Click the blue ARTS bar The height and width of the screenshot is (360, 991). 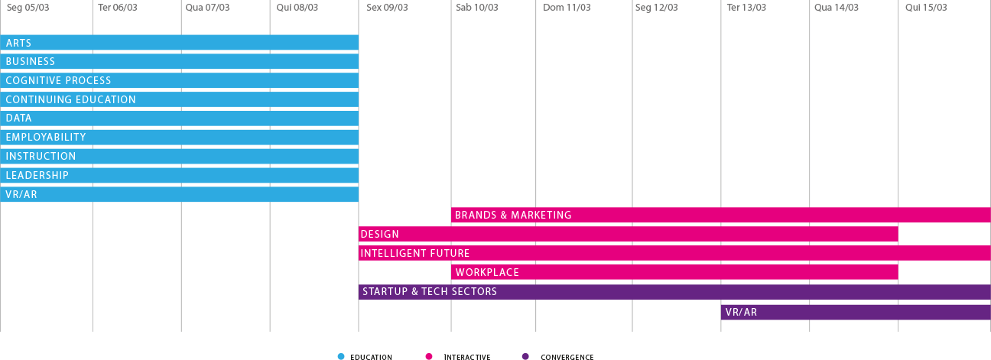[x=179, y=43]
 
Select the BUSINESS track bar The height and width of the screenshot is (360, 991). [x=179, y=62]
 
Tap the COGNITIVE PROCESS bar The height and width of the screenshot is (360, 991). [x=179, y=80]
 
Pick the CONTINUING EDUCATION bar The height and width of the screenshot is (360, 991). [x=179, y=99]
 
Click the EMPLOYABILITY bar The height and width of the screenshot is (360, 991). [x=179, y=138]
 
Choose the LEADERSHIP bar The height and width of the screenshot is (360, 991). [x=179, y=175]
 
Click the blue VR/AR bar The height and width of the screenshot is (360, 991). [x=179, y=194]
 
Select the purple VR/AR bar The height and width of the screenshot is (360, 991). [x=856, y=312]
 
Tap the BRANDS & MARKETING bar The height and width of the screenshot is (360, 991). [x=720, y=216]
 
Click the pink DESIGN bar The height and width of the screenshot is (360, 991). [x=628, y=234]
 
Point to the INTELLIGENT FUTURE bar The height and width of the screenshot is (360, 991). [x=674, y=253]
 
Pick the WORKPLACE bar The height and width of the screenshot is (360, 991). [x=674, y=272]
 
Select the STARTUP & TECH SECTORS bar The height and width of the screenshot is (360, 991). [x=674, y=292]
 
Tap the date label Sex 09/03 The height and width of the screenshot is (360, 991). [x=387, y=8]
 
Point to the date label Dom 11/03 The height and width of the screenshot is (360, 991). [x=567, y=8]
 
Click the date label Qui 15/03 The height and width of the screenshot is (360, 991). [x=926, y=8]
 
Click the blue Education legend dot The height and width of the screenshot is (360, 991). [x=341, y=356]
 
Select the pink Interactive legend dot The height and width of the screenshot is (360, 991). [x=429, y=356]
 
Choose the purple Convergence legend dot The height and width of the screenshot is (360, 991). [x=525, y=356]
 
